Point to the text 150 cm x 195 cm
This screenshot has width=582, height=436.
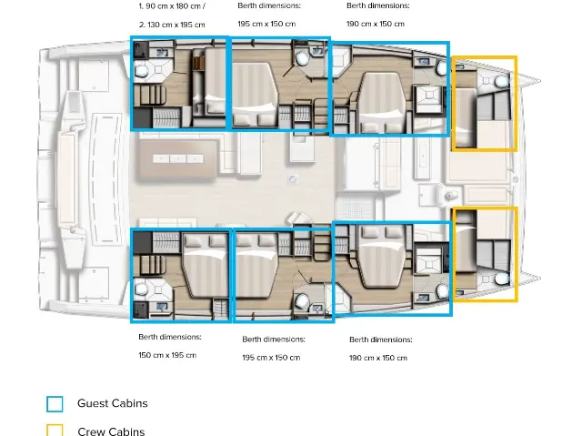(x=167, y=355)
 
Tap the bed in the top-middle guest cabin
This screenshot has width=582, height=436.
(x=255, y=95)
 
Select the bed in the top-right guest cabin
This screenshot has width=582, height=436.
(x=382, y=102)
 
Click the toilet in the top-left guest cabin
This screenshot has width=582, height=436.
(x=141, y=70)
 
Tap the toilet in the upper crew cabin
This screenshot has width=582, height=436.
(x=501, y=81)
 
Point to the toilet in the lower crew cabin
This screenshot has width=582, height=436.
(x=501, y=279)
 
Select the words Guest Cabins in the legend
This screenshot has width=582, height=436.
(x=113, y=403)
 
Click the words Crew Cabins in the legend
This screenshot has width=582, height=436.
(x=111, y=431)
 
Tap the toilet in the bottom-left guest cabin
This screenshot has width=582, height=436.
(x=141, y=289)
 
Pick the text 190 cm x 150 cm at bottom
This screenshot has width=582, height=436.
(x=378, y=358)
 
